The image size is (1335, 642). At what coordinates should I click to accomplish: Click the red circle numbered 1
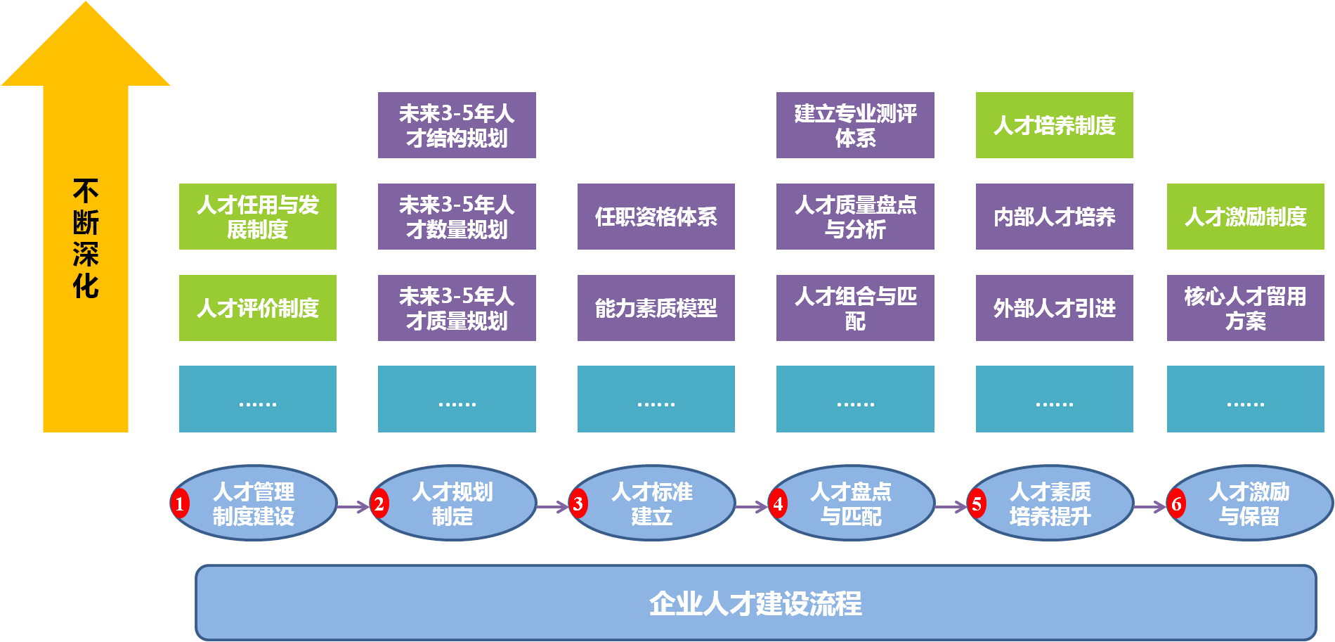(x=180, y=503)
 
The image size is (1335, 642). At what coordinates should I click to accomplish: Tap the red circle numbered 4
(x=778, y=503)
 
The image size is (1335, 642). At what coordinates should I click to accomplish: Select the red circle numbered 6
(x=1176, y=503)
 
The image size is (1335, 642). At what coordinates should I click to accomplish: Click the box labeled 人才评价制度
(x=258, y=308)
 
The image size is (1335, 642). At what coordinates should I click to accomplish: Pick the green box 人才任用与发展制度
(x=258, y=217)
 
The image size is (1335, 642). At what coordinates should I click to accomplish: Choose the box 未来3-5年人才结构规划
(x=457, y=125)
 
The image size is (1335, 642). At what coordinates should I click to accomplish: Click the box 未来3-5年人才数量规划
(x=457, y=217)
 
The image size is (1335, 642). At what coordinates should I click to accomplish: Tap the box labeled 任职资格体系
(x=656, y=217)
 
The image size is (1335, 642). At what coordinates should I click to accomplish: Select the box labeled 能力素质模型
(x=656, y=308)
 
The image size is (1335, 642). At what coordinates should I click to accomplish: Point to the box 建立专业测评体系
(x=855, y=125)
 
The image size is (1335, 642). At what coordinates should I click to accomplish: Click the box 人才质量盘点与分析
(x=855, y=217)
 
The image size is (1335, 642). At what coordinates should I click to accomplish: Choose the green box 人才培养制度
(x=1054, y=125)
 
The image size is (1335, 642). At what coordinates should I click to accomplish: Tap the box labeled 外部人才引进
(x=1054, y=308)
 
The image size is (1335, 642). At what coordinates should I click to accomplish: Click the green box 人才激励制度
(x=1245, y=217)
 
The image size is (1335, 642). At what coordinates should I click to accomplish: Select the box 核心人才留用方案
(x=1245, y=308)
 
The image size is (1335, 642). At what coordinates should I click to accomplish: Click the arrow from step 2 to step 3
(x=552, y=506)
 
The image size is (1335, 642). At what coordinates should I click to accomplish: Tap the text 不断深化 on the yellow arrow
(x=86, y=239)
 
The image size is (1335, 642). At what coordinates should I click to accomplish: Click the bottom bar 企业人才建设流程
(x=755, y=603)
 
